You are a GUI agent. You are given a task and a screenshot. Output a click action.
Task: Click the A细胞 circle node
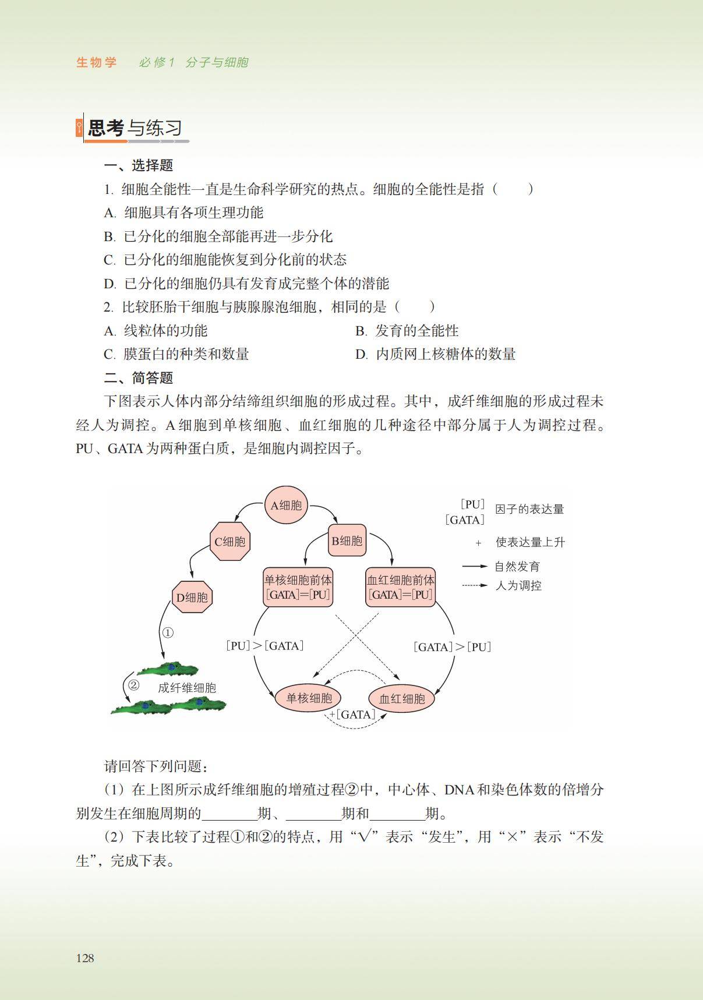286,505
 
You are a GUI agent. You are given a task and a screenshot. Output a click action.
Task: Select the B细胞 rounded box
347,541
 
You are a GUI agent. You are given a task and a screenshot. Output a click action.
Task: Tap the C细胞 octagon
230,542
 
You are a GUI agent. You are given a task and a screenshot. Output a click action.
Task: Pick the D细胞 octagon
192,597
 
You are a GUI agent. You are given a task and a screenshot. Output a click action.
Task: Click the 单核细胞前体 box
298,587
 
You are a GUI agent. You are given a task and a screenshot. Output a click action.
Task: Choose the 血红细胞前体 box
401,587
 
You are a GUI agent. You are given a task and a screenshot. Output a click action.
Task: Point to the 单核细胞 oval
308,698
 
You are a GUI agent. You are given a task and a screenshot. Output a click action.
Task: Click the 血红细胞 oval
402,698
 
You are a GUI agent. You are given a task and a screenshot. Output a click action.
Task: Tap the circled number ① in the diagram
168,632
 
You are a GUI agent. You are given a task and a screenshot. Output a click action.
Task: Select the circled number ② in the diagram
133,685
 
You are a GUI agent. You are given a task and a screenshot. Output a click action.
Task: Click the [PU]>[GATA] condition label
265,645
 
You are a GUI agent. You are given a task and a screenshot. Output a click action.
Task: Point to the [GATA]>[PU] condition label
453,646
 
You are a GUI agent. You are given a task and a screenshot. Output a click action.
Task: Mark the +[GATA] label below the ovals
352,714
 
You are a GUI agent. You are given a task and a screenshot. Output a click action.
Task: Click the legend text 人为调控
518,585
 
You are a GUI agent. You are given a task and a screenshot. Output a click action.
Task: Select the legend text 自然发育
517,566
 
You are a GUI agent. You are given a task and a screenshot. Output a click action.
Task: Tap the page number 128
85,958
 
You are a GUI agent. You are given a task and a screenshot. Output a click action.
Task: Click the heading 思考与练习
135,128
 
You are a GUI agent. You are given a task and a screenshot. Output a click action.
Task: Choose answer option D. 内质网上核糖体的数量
436,354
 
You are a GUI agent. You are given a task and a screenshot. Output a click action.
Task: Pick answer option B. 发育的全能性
407,331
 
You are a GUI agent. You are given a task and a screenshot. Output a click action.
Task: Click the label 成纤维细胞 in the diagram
187,688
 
